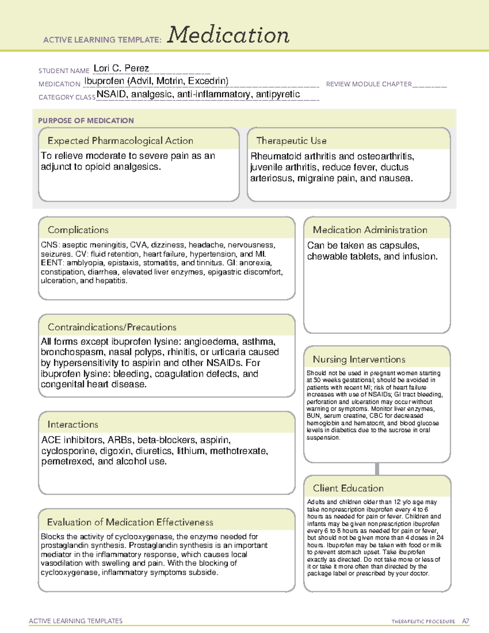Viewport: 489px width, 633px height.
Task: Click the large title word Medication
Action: coord(228,35)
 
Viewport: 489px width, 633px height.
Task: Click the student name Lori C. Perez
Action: coord(121,68)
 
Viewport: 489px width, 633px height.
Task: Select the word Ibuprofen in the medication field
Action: coord(104,81)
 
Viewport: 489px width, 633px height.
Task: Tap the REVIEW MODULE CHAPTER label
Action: coord(369,84)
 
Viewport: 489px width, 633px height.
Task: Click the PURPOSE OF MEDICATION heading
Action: coord(86,121)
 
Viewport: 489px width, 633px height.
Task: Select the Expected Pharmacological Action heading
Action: coord(120,141)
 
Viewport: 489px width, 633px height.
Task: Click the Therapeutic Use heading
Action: coord(291,141)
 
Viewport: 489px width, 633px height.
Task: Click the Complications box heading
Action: coord(78,230)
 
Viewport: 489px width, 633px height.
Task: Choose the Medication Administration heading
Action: coord(370,230)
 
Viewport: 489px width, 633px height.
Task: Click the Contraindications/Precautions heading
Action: coord(112,327)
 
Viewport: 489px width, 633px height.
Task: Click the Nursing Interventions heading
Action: coord(359,360)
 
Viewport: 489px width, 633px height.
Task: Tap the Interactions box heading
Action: coord(73,424)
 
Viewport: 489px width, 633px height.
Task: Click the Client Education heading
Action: coord(348,488)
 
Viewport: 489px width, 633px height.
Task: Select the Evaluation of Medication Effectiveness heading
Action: coord(130,522)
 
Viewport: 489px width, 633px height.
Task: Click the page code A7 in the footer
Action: coord(465,621)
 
